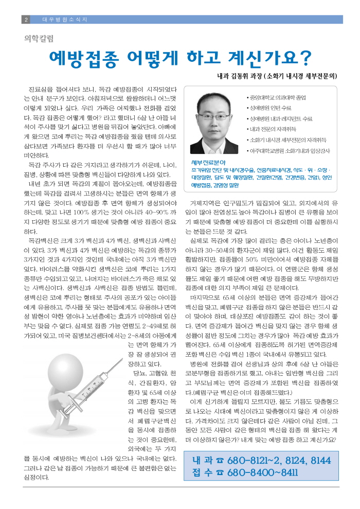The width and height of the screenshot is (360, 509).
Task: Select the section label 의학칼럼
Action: tap(39, 38)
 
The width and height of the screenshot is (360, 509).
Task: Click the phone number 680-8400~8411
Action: tap(263, 472)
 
